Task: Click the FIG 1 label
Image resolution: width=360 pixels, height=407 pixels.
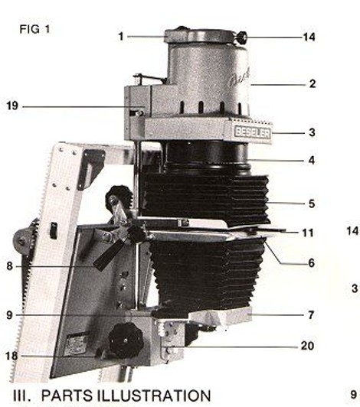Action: point(34,29)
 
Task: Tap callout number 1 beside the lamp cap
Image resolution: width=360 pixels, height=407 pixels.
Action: point(121,37)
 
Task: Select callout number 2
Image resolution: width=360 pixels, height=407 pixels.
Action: point(313,83)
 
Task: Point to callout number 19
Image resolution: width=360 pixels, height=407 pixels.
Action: point(12,106)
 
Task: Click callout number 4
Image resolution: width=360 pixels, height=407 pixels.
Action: point(312,160)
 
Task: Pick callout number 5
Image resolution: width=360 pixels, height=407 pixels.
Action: point(312,203)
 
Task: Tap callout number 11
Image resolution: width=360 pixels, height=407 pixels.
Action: point(308,233)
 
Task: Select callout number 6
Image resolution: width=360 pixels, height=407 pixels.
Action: point(312,263)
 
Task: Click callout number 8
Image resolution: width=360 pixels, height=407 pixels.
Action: point(10,266)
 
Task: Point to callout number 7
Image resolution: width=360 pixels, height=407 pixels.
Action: point(311,315)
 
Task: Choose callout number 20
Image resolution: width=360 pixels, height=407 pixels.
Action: point(307,346)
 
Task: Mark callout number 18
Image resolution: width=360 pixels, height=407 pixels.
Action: point(11,356)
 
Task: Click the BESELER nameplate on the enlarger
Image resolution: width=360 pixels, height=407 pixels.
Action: point(252,132)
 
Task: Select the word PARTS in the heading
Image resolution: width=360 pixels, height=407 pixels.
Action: point(67,396)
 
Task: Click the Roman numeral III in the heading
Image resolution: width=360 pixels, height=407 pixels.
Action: point(21,396)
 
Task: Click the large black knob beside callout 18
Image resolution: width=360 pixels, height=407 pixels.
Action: point(126,340)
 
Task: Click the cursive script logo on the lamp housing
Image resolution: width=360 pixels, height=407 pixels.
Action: point(240,77)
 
